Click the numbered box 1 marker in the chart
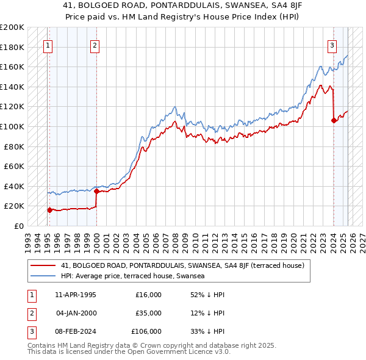coord(48,45)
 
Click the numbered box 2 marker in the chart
coord(95,45)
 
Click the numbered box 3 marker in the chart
coord(332,45)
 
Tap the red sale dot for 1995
coord(49,210)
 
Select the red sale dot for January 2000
coord(97,191)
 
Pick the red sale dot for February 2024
coord(334,121)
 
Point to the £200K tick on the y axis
coord(12,27)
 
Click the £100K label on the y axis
coord(12,126)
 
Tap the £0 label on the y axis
coord(18,226)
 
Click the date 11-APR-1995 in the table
coord(76,295)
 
